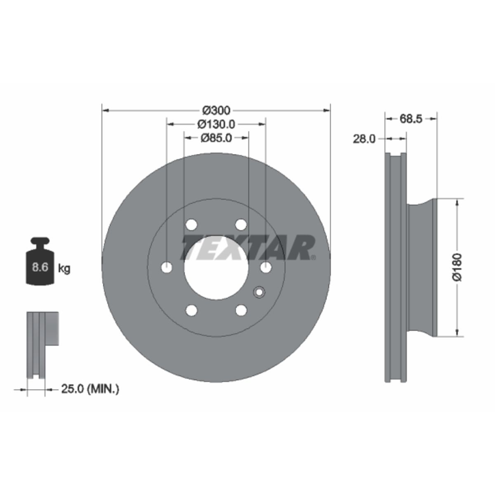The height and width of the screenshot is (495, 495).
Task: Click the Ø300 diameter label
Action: point(216,111)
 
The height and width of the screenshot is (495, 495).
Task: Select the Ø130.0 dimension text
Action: point(216,124)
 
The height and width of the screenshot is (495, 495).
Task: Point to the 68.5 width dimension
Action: point(411,119)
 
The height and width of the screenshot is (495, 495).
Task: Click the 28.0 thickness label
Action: point(364,139)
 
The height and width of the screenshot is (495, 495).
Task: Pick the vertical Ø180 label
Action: point(457,267)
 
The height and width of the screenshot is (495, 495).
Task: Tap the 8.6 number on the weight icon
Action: point(40,267)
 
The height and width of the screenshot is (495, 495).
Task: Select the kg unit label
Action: point(64,269)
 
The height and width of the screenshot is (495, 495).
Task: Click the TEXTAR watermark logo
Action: point(248,247)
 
